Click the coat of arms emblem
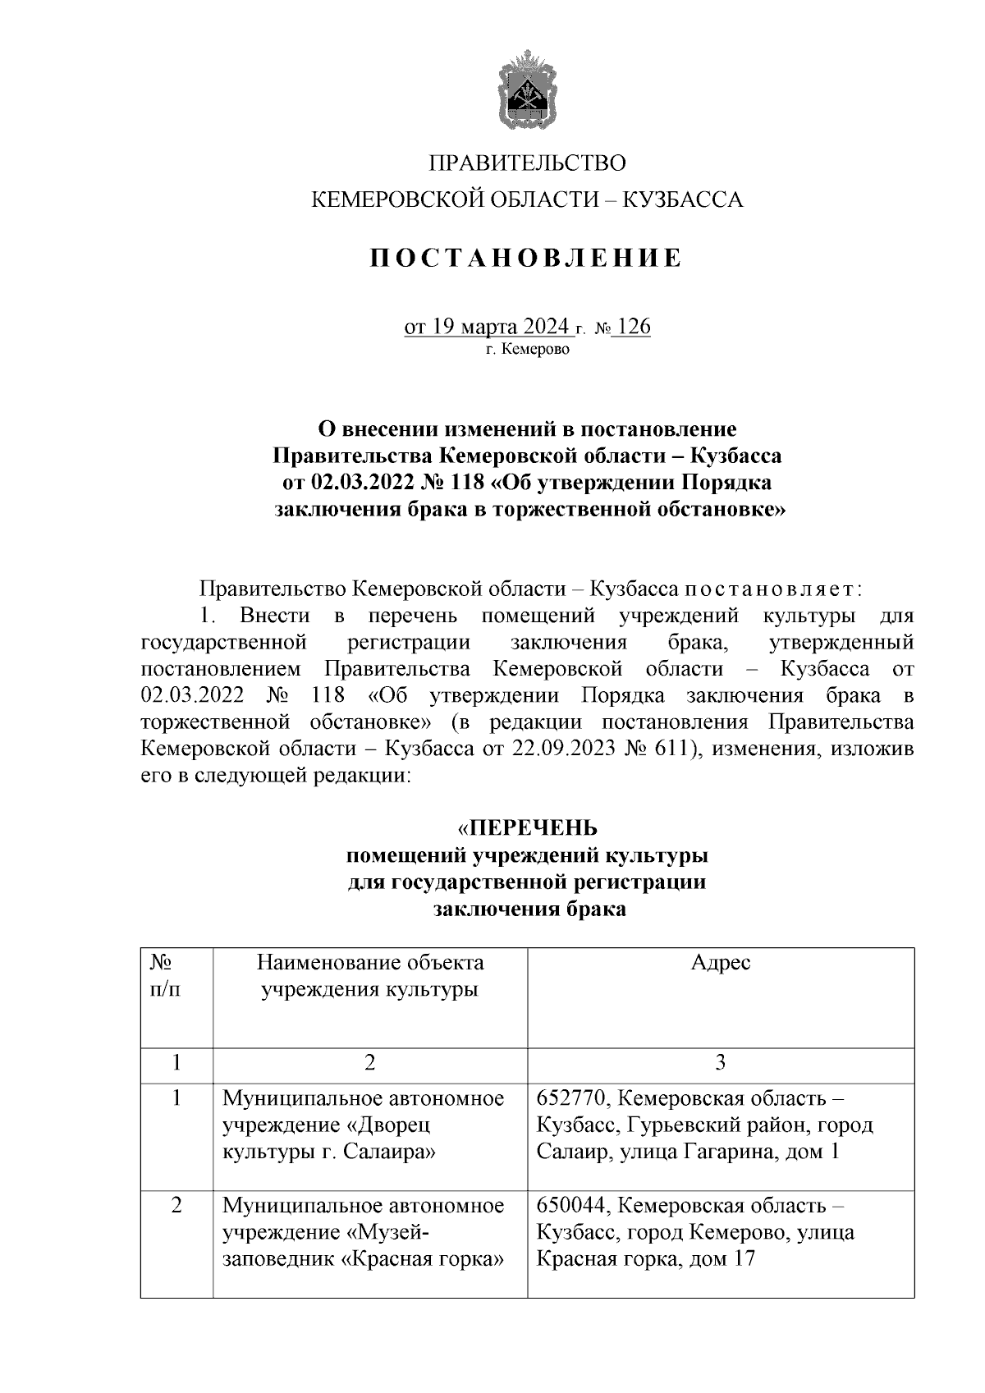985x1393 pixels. click(x=527, y=88)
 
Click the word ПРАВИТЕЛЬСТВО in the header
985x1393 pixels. click(x=527, y=163)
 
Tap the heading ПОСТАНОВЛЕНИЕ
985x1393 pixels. click(x=526, y=259)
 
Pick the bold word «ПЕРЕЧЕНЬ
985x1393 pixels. click(x=527, y=827)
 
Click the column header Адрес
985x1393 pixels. click(x=720, y=963)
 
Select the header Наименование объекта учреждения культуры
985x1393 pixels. click(x=370, y=976)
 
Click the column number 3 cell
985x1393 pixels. click(x=720, y=1064)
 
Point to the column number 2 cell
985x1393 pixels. click(x=370, y=1064)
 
